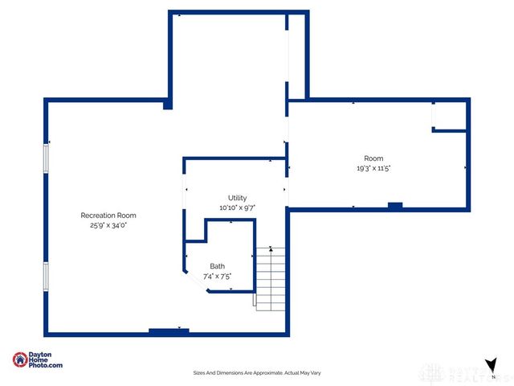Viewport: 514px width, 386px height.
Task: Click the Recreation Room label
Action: click(108, 215)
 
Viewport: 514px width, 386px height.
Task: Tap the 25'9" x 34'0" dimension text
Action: click(108, 225)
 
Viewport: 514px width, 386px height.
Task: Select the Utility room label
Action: click(237, 198)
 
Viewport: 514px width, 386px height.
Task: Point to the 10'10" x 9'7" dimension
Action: click(237, 207)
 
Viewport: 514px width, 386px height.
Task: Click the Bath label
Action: click(218, 266)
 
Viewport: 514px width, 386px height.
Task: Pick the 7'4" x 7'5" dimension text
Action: click(218, 276)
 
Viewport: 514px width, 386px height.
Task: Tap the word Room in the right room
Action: click(373, 158)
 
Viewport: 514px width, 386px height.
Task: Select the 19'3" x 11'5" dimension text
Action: click(373, 168)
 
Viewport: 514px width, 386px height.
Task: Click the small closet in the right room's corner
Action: click(450, 116)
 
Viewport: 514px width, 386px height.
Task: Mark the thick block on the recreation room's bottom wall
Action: click(169, 330)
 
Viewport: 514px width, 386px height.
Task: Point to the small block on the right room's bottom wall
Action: click(394, 206)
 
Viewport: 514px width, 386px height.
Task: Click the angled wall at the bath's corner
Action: click(195, 281)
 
